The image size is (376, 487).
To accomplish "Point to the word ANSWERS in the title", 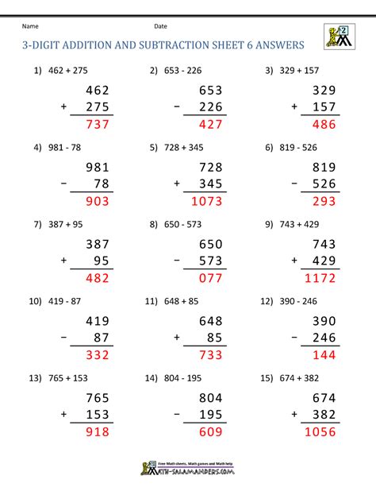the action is (277, 46).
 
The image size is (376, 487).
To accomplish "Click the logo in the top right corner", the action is (338, 37).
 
